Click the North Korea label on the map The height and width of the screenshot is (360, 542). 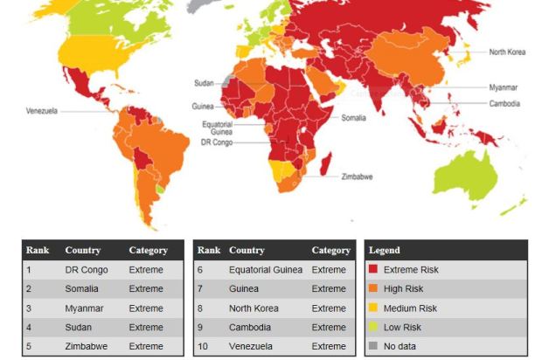(x=507, y=52)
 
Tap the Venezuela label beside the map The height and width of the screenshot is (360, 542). (x=41, y=111)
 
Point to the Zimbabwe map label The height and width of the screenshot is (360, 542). (x=358, y=177)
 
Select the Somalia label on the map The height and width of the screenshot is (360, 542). (x=353, y=118)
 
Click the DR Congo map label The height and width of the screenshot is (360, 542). (x=217, y=142)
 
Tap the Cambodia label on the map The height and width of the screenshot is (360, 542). (x=504, y=103)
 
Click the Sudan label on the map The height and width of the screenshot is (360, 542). (x=203, y=82)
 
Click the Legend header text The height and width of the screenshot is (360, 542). (x=385, y=251)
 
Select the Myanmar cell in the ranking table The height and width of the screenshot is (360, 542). (x=84, y=308)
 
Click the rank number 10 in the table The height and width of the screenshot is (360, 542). (x=202, y=346)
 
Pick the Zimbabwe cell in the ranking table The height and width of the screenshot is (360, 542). (x=87, y=346)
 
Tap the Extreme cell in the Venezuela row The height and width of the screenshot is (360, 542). (x=329, y=346)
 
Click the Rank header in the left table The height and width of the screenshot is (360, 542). (x=38, y=251)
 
